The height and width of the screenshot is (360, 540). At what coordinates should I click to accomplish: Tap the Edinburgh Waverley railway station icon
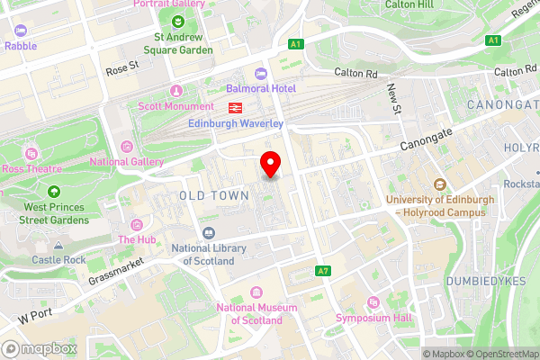point(232,108)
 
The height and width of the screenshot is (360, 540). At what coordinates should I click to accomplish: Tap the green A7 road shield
point(323,271)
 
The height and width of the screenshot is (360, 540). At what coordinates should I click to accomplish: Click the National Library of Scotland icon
point(209,232)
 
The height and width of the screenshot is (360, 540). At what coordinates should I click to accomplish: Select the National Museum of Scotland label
point(256,313)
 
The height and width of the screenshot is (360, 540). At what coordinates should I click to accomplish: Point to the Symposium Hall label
point(373,318)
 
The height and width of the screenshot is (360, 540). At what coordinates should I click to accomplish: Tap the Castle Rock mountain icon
point(58,245)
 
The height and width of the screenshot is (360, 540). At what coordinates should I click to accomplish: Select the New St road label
point(393,98)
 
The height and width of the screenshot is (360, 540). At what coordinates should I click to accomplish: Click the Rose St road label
point(123,67)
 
